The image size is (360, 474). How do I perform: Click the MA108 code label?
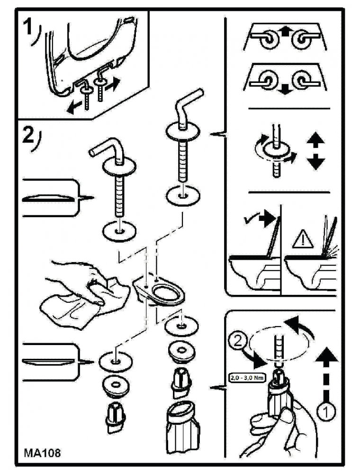42,453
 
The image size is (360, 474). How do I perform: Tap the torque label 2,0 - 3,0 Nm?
247,377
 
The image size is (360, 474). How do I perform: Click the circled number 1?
327,411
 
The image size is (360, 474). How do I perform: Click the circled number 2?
239,342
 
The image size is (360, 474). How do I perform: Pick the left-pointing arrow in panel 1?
75,107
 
